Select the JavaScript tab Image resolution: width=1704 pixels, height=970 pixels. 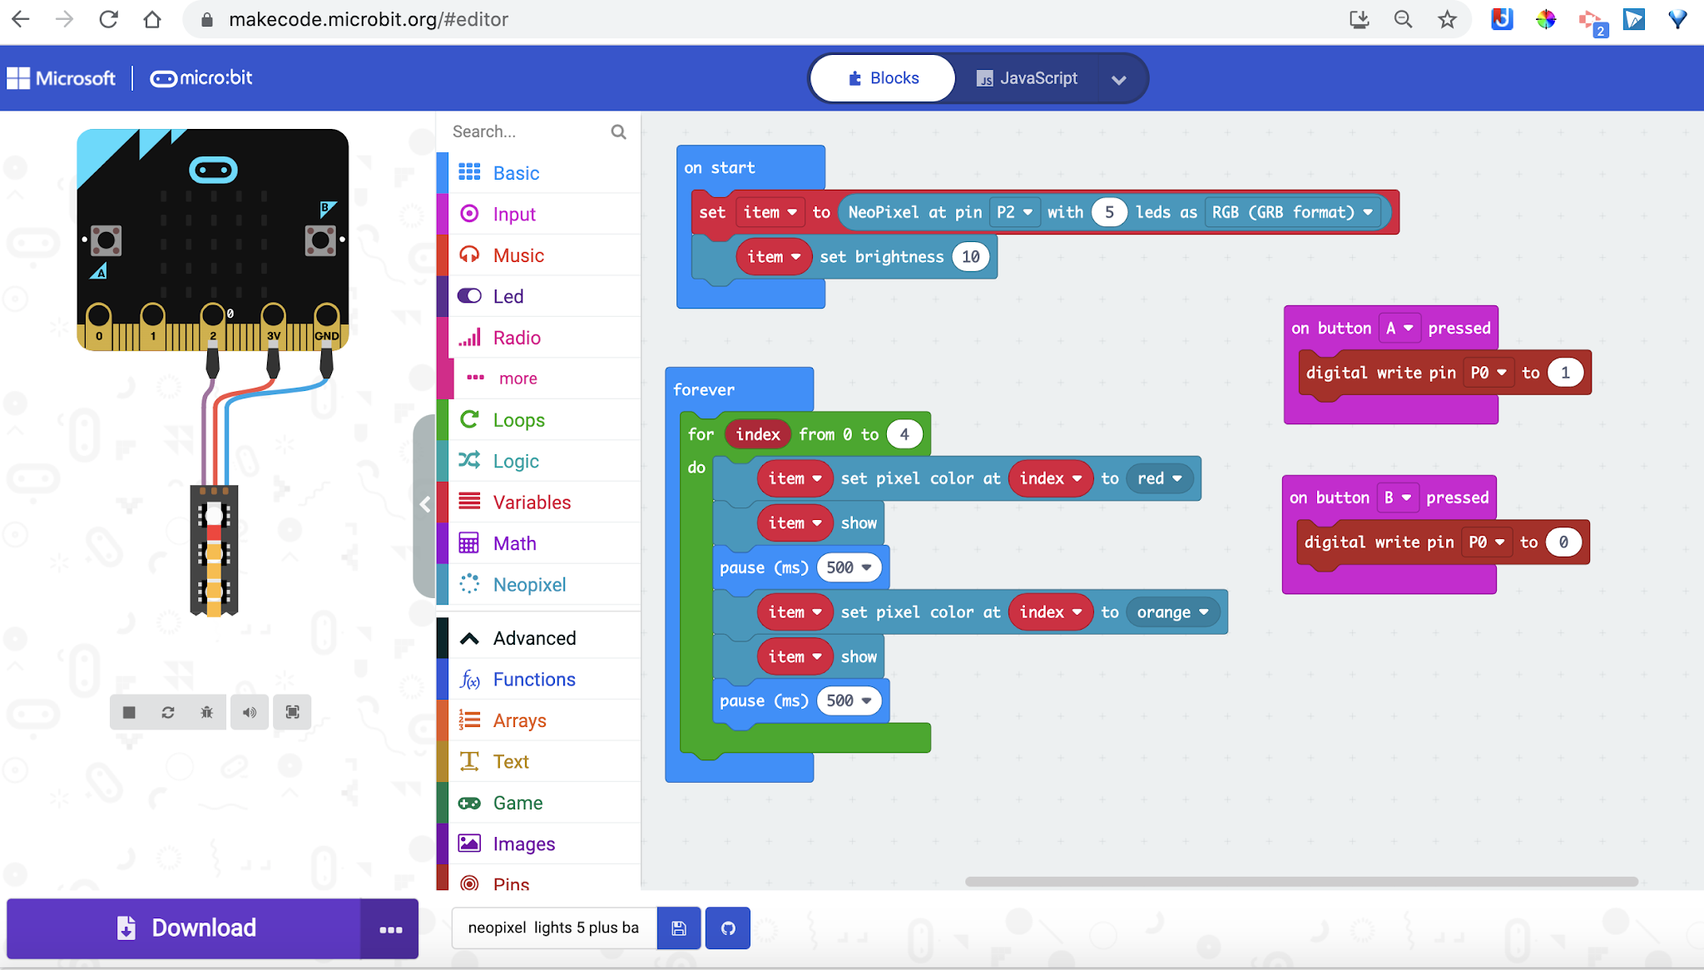(x=1028, y=78)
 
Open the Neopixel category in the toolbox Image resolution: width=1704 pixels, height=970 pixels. (x=529, y=585)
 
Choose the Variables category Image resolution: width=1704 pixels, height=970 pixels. (x=532, y=502)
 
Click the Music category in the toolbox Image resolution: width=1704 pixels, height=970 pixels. (x=518, y=255)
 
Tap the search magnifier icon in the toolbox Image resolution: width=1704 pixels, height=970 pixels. (x=618, y=131)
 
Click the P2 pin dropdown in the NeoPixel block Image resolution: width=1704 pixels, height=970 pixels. (x=1014, y=212)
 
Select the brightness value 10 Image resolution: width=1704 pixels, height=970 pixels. (x=970, y=257)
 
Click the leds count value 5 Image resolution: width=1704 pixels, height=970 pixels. (x=1108, y=212)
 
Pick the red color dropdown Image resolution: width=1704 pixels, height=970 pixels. (x=1159, y=478)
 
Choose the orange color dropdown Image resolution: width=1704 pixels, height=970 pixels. (x=1172, y=612)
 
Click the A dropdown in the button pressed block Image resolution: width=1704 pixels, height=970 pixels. (x=1399, y=329)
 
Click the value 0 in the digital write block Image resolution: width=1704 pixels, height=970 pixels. (x=1563, y=542)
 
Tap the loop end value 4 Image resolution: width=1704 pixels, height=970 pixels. (x=904, y=434)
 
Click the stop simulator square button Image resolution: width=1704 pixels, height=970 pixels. (x=129, y=712)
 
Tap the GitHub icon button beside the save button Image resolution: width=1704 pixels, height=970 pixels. (x=728, y=928)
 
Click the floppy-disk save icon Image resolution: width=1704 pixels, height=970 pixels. (x=679, y=928)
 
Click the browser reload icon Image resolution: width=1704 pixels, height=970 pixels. (x=108, y=19)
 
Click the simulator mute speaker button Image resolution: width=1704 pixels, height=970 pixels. (x=249, y=712)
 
